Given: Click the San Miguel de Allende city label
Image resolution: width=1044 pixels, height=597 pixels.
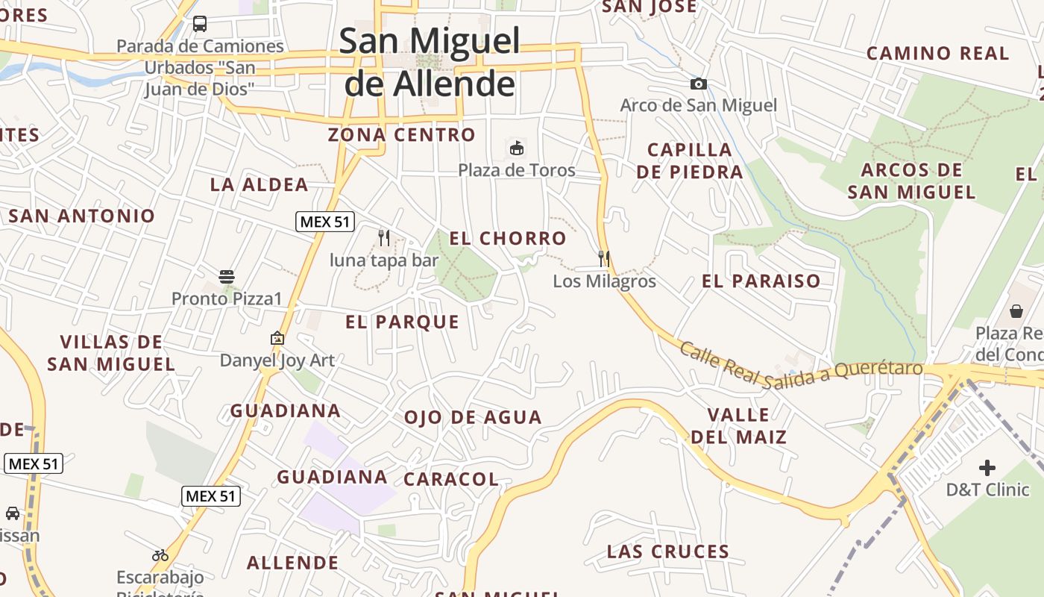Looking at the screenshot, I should click(x=430, y=62).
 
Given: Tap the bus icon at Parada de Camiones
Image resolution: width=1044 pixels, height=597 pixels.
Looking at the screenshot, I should click(x=200, y=24).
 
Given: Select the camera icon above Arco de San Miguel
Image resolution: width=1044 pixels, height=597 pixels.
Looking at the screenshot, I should click(x=699, y=84).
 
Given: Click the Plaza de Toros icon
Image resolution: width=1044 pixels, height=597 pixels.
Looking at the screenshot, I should click(x=516, y=148).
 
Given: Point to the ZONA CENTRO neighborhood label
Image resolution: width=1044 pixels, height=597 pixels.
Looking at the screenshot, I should click(x=401, y=135).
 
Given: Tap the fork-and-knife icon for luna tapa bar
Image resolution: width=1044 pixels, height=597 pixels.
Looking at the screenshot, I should click(x=384, y=238).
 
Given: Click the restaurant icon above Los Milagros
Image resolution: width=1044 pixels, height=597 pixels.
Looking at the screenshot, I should click(x=604, y=259).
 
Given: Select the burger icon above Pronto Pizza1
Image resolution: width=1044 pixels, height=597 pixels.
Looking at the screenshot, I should click(x=227, y=277).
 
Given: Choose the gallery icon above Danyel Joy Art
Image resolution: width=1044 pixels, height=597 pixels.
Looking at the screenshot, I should click(x=277, y=338).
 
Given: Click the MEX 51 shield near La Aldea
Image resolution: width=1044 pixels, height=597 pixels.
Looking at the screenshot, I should click(x=325, y=222).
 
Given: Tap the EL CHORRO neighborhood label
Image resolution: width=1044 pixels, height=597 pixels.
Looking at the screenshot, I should click(x=508, y=239).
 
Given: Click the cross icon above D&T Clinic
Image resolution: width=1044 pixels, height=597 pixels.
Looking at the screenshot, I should click(x=987, y=468).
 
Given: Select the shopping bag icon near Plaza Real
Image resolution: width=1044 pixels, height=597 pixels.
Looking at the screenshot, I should click(x=1016, y=310).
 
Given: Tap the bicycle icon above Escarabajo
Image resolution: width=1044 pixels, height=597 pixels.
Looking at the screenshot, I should click(x=160, y=555).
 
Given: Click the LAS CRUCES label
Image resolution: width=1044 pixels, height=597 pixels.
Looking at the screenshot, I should click(x=667, y=552).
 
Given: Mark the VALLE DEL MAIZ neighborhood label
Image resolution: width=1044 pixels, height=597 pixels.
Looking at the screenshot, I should click(x=738, y=425).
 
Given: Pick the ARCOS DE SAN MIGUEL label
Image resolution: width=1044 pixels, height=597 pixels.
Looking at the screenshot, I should click(x=911, y=181).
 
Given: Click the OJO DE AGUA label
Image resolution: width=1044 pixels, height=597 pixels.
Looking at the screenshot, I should click(x=473, y=418).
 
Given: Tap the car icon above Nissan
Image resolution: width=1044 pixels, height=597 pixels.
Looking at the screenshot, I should click(x=13, y=513).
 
